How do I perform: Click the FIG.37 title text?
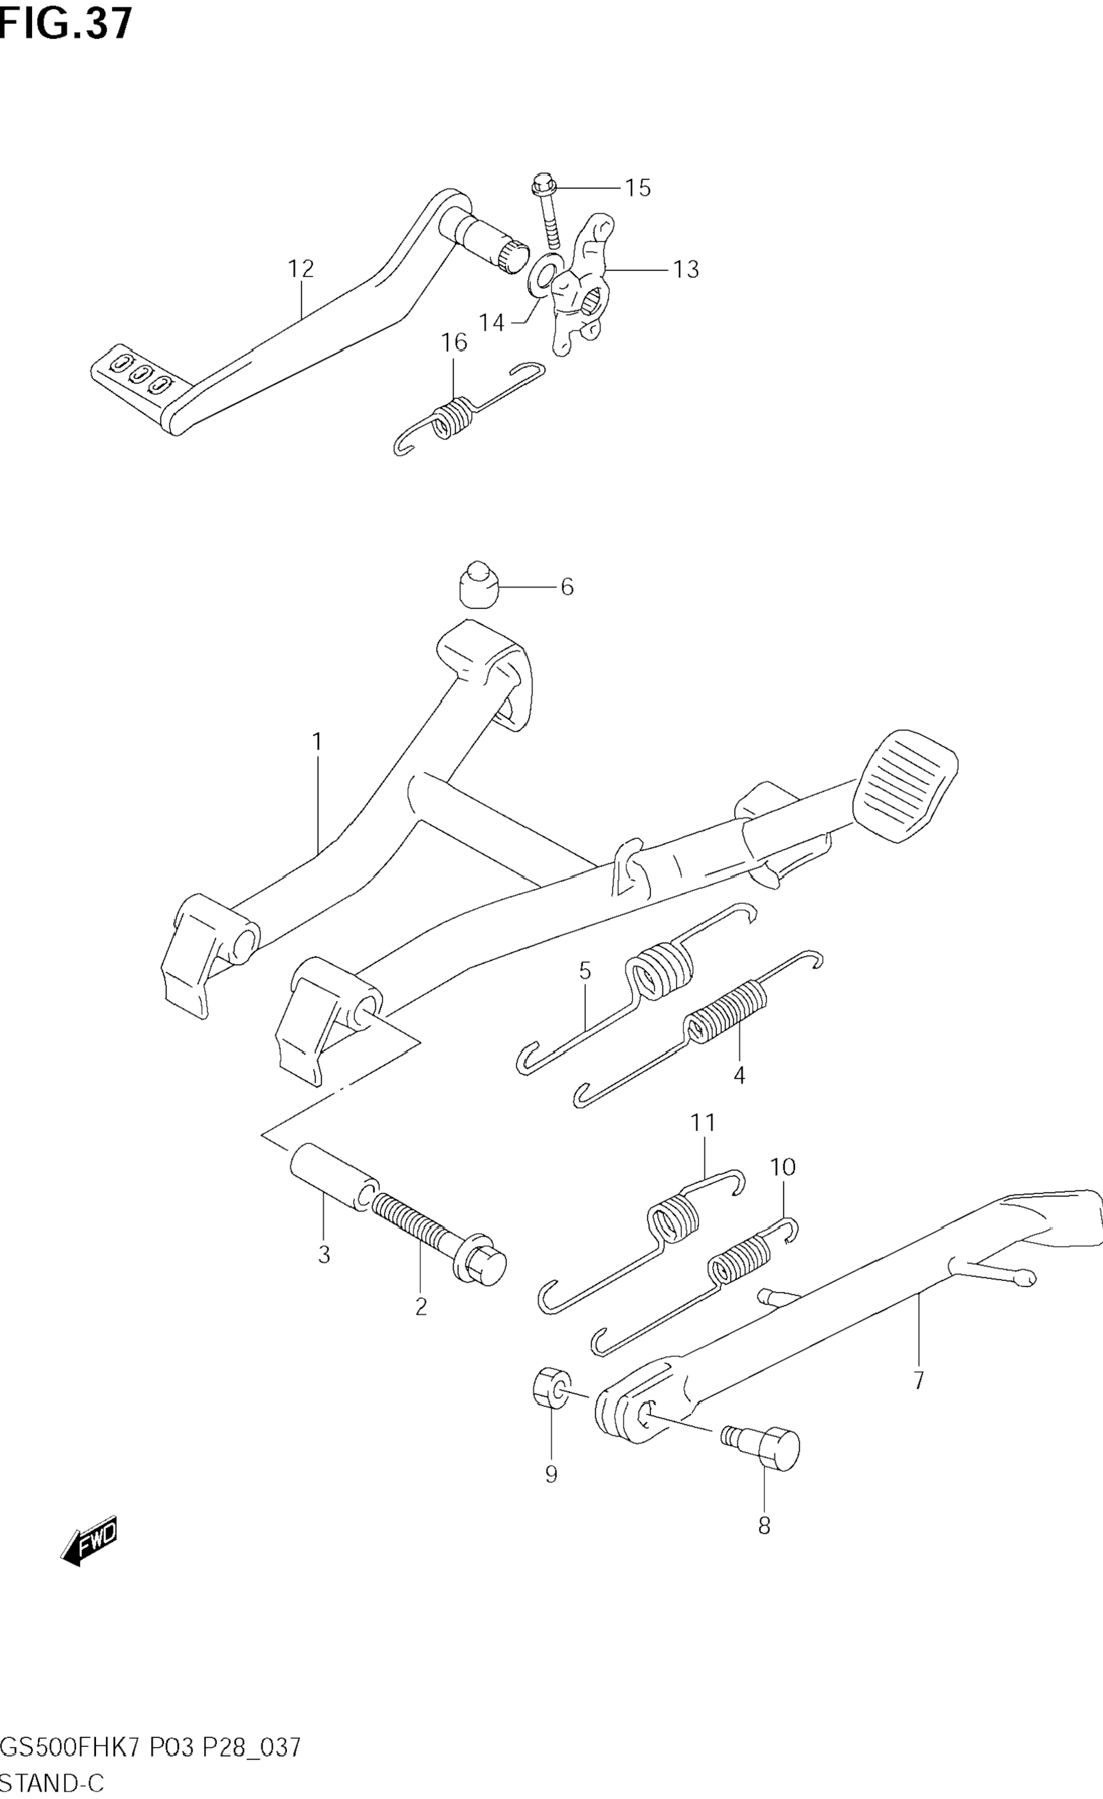(x=66, y=23)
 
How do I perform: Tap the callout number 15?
(x=637, y=188)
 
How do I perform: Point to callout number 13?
(x=685, y=269)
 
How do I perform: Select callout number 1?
(x=317, y=743)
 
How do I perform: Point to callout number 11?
(x=704, y=1122)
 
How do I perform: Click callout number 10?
(x=783, y=1166)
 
